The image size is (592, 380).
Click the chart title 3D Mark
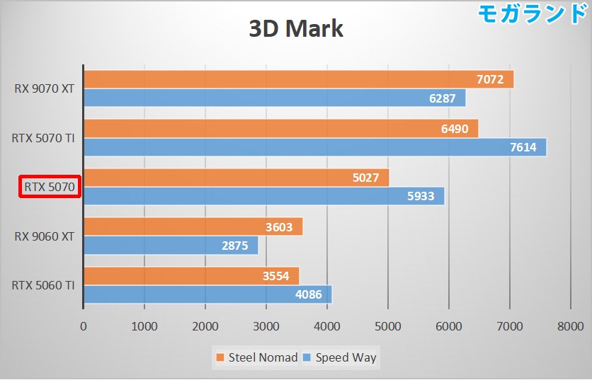click(x=295, y=28)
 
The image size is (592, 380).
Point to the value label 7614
click(x=523, y=148)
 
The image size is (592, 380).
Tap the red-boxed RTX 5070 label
click(x=50, y=187)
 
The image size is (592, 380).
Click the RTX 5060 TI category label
click(x=43, y=285)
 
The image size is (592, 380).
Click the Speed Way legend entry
click(x=339, y=357)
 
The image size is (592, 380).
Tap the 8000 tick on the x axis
click(x=569, y=326)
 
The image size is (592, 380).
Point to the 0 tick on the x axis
click(x=84, y=326)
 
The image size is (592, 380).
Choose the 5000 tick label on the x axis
click(x=387, y=326)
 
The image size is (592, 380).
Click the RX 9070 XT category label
click(x=44, y=89)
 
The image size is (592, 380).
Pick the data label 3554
click(x=277, y=276)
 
